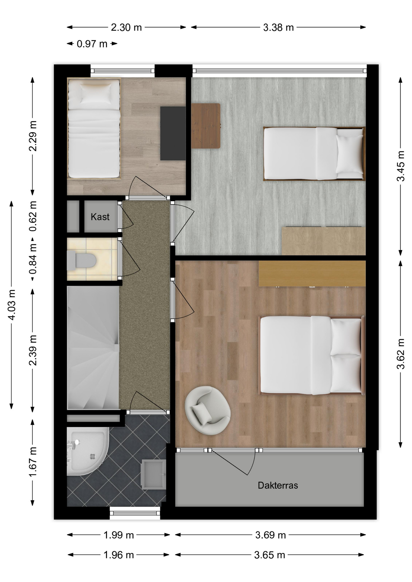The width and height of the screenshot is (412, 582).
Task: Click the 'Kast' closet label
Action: point(100,217)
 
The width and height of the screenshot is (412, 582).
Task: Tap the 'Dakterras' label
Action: point(278,485)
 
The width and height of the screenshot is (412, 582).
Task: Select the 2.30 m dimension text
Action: point(126,28)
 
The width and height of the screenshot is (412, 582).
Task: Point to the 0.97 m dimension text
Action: point(92,44)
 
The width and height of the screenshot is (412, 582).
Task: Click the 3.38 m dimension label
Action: point(278,28)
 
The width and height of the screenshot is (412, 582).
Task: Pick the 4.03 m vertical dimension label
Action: point(12,305)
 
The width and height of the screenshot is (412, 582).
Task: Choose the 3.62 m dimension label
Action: point(401,354)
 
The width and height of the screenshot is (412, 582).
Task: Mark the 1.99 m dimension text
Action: point(119,535)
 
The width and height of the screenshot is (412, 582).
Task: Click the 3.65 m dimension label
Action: point(269,555)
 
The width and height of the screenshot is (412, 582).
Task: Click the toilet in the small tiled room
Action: point(81,260)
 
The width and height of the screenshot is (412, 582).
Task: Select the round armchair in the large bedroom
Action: point(208,410)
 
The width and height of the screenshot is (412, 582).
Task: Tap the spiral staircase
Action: point(93,348)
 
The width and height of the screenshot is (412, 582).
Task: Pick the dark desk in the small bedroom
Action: point(173,133)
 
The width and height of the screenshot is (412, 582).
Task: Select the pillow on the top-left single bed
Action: point(96,92)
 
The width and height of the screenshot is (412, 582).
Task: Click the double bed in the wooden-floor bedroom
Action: point(312,355)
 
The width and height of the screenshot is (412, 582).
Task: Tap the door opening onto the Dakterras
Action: point(233,462)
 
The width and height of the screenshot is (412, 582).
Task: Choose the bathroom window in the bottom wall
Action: point(135,513)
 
